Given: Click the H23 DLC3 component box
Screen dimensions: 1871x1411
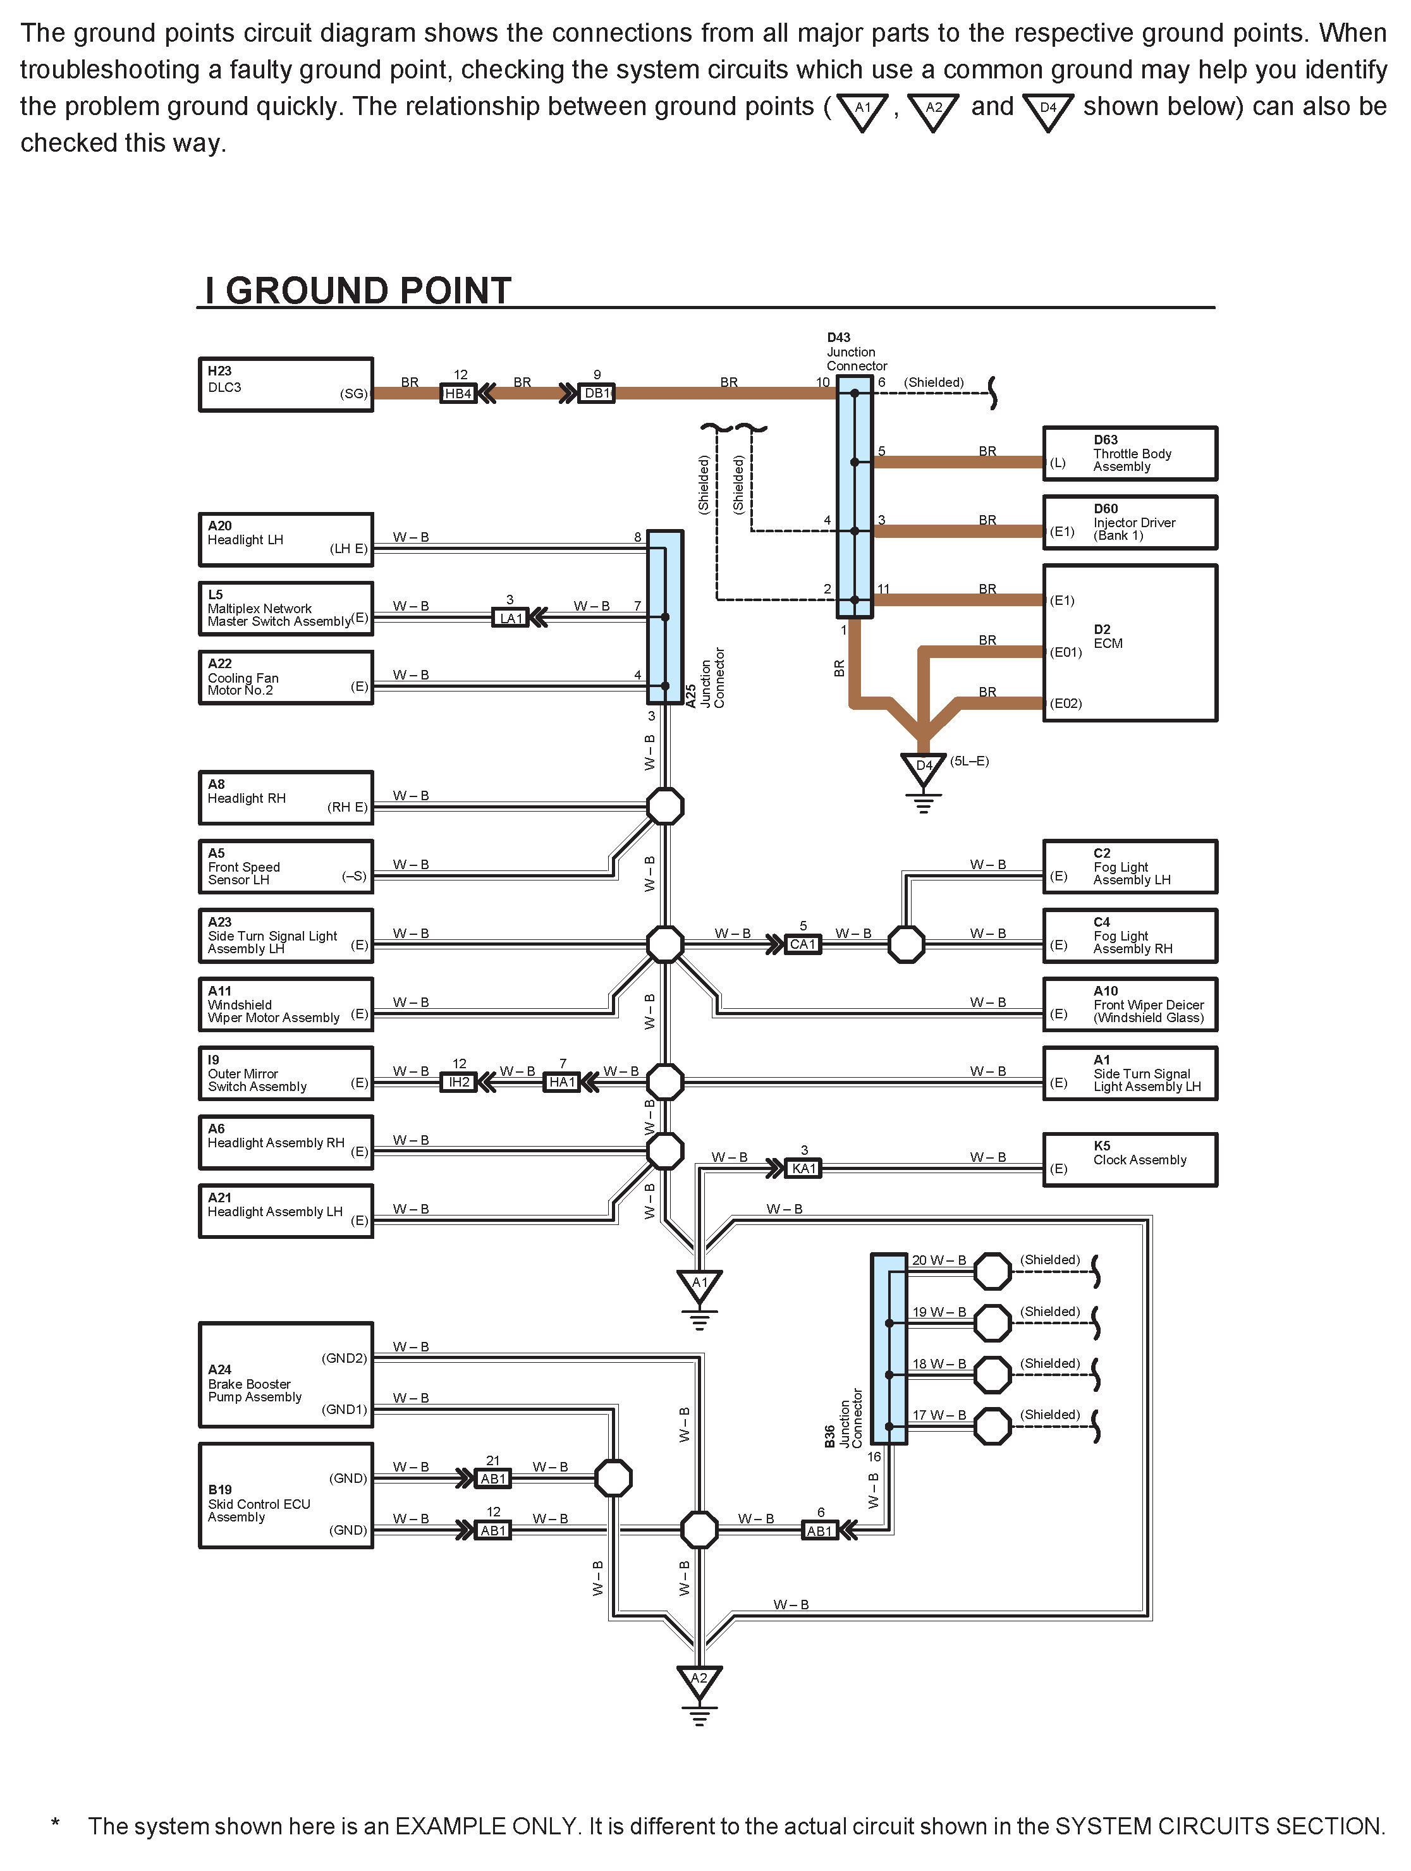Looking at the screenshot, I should (x=285, y=385).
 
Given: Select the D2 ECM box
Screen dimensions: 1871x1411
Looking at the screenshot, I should (x=1129, y=643).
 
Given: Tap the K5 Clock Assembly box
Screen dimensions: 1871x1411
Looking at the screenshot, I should (x=1129, y=1160).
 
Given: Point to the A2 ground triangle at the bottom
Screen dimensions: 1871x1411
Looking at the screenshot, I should (x=699, y=1680).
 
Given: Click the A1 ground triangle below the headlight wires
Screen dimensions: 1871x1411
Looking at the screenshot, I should (x=699, y=1284).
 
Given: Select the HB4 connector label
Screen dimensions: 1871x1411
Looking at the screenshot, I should (x=458, y=393).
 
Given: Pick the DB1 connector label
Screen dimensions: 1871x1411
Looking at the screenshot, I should (x=596, y=393).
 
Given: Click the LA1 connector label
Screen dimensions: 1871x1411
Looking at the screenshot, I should (x=511, y=618).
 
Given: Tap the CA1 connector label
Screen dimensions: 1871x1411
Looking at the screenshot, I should (x=802, y=944).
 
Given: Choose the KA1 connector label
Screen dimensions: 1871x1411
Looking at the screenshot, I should (x=803, y=1169).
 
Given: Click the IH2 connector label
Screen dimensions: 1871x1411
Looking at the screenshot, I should (x=458, y=1082).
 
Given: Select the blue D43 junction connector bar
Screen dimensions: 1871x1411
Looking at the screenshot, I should (x=855, y=496).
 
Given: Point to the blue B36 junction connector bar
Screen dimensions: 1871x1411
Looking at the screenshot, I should (x=888, y=1348).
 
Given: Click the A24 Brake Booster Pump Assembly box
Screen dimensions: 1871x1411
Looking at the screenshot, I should (x=285, y=1375).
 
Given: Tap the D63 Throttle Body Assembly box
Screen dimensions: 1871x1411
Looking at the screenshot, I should (x=1129, y=453).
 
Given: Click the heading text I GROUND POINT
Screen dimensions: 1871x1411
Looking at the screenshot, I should (x=358, y=290).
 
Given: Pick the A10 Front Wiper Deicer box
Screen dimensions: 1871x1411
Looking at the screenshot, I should (x=1129, y=1005).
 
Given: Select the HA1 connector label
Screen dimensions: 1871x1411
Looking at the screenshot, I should (x=562, y=1082).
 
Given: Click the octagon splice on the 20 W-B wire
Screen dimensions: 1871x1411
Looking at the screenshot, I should (x=993, y=1271).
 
